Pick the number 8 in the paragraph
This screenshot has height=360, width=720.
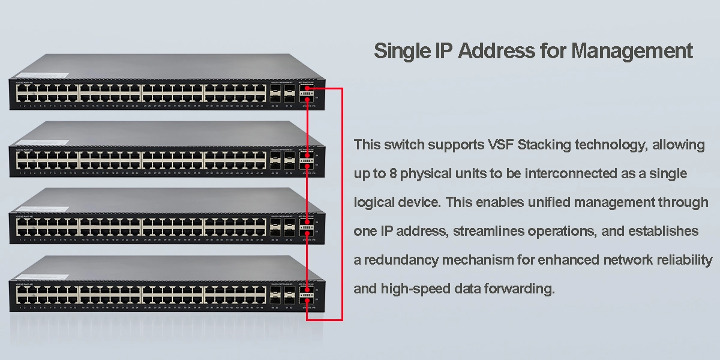[392, 174]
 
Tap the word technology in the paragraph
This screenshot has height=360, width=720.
[619, 145]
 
